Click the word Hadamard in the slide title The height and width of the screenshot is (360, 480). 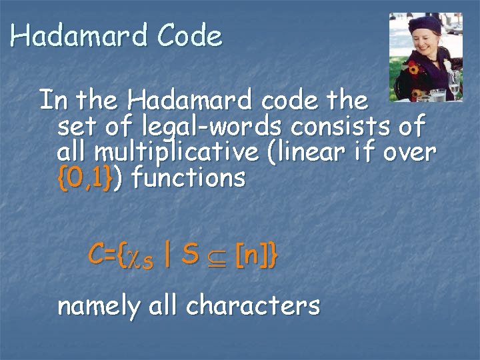[x=79, y=35]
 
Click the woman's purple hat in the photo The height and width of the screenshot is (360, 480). [x=425, y=24]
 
